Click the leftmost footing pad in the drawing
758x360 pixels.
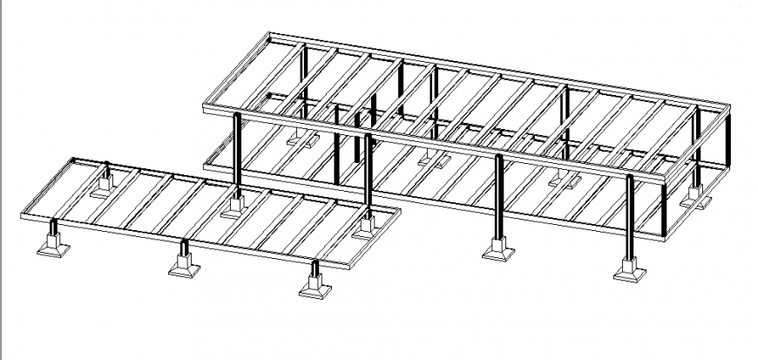(52, 247)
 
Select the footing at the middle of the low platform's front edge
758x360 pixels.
(185, 266)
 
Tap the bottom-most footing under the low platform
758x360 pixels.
(315, 286)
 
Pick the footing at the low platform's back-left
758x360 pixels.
(107, 185)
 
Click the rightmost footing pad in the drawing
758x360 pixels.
(695, 197)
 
